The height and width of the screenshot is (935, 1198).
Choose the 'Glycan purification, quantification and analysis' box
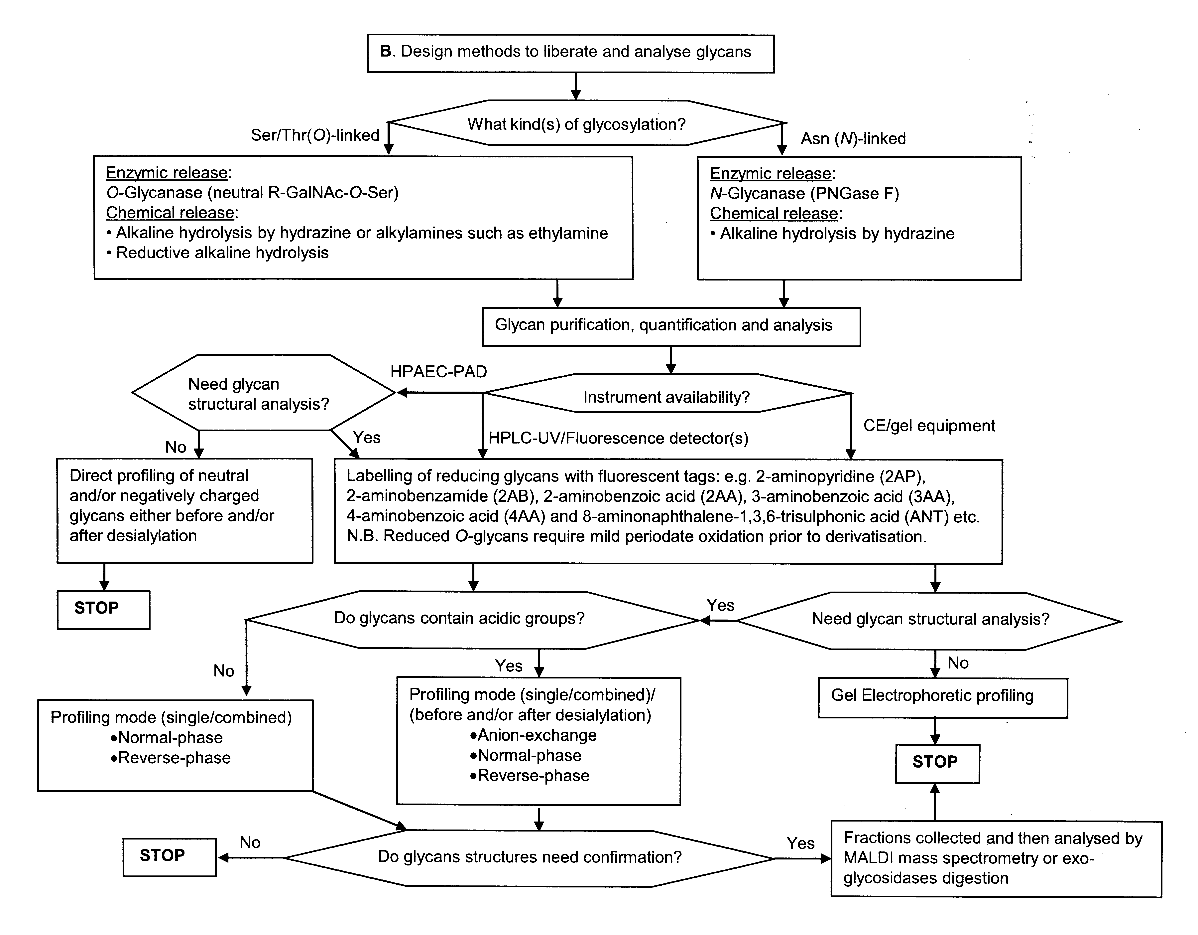(671, 327)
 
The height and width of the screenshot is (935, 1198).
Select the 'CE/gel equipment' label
(929, 426)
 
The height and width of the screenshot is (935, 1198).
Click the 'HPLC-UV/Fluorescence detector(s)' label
(618, 438)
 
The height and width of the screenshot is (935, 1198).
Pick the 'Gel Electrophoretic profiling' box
(942, 698)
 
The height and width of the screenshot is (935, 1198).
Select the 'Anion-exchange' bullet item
(533, 735)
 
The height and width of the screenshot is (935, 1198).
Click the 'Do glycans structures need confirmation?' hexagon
(529, 858)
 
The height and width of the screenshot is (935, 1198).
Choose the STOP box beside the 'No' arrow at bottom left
(170, 857)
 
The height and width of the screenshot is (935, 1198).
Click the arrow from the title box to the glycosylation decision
(575, 86)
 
